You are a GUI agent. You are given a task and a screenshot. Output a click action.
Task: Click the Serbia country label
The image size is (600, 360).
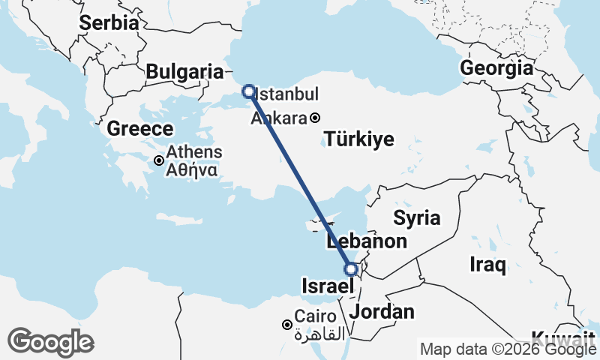click(x=109, y=22)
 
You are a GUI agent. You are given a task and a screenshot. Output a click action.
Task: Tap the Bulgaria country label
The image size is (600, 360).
click(x=184, y=72)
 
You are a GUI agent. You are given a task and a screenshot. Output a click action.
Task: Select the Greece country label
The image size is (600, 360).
click(x=140, y=129)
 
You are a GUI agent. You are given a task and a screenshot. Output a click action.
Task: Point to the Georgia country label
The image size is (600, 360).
click(x=496, y=68)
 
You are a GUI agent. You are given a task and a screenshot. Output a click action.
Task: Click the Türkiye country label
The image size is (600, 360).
click(x=359, y=139)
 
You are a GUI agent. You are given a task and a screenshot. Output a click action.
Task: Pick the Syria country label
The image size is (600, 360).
click(x=417, y=218)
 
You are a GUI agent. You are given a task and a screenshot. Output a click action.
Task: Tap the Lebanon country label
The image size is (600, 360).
click(x=367, y=241)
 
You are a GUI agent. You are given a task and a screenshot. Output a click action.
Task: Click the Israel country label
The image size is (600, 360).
click(x=327, y=286)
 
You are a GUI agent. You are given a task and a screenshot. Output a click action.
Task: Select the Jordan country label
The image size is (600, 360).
click(x=382, y=311)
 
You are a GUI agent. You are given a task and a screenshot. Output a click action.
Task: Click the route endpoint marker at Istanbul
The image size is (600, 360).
click(x=248, y=91)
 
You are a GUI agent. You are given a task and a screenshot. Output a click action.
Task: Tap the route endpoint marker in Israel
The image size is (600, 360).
click(x=350, y=269)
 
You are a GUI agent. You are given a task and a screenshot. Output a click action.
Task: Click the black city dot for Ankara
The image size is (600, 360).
click(x=316, y=118)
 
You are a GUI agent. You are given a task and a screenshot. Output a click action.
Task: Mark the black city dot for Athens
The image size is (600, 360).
click(x=159, y=160)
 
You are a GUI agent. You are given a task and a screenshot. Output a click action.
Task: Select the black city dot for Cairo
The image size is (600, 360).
click(x=286, y=325)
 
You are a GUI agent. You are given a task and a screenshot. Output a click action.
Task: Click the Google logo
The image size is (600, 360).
click(x=50, y=342)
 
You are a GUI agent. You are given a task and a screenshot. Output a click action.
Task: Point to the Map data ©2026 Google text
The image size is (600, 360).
click(x=508, y=349)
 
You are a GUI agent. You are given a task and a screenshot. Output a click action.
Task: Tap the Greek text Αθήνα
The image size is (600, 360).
click(x=193, y=169)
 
